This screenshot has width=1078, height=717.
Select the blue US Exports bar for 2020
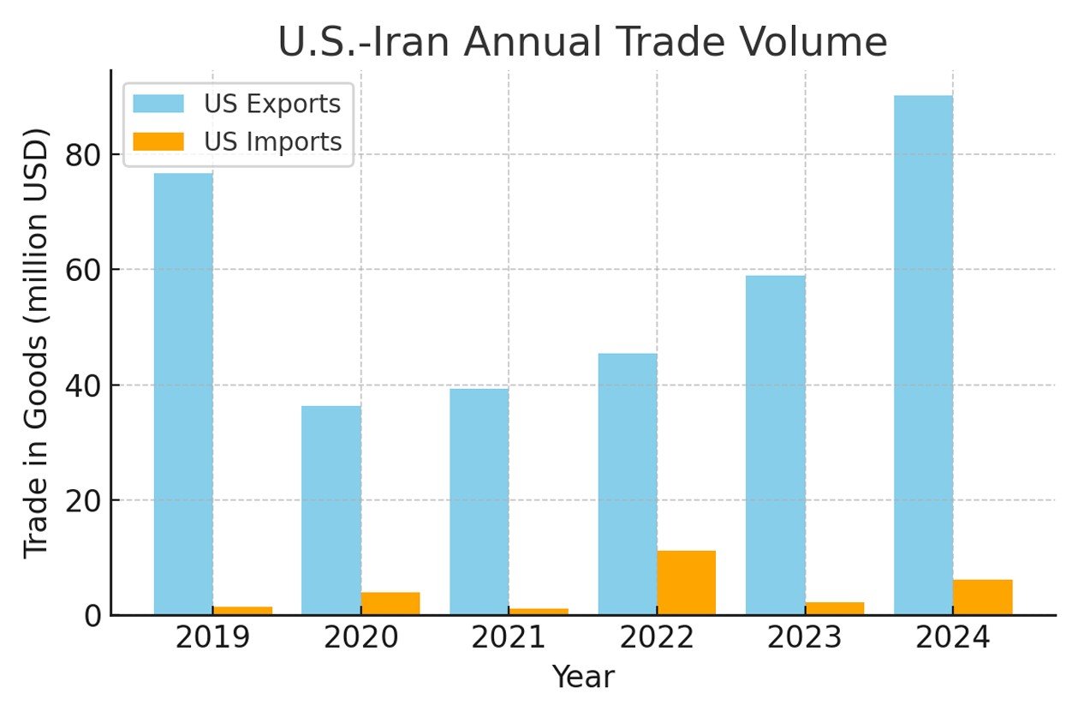[331, 510]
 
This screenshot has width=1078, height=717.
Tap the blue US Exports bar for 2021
[479, 501]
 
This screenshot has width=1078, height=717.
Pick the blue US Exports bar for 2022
[628, 484]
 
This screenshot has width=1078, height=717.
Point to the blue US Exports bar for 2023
[776, 445]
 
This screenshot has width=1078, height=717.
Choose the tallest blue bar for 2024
[924, 356]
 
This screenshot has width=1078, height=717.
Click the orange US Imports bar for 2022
[687, 583]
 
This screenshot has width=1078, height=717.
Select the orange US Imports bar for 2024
[983, 597]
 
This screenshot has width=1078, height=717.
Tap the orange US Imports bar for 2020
[390, 603]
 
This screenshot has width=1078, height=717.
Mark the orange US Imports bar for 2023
[835, 608]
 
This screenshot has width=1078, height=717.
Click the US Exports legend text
[272, 104]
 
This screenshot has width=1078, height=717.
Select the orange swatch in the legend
[159, 141]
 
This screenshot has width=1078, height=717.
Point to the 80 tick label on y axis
[84, 155]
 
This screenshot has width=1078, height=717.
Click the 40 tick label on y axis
[84, 385]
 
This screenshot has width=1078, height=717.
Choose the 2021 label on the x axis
[509, 639]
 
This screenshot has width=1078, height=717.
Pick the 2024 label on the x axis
[953, 639]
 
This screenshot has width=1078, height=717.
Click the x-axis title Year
[582, 678]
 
